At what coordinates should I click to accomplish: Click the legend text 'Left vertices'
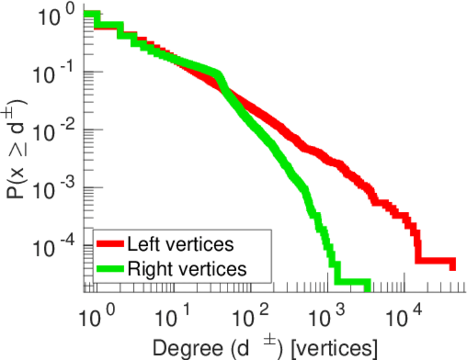179,244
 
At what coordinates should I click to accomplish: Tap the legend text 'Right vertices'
186,269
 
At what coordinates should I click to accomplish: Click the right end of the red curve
453,265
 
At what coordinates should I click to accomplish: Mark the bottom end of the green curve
367,287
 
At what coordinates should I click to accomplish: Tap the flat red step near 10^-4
435,262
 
